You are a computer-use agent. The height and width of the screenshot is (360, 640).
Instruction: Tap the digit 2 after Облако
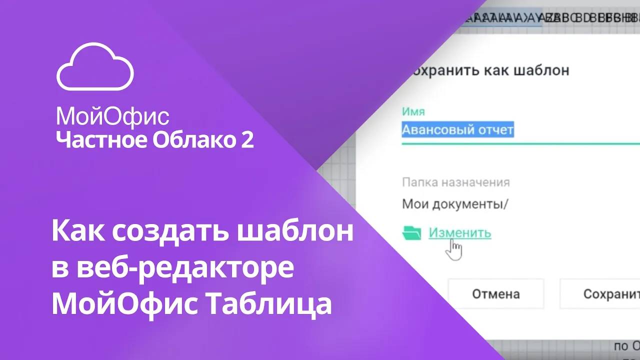pyautogui.click(x=247, y=140)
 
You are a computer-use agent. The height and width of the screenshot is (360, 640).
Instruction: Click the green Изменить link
pyautogui.click(x=459, y=232)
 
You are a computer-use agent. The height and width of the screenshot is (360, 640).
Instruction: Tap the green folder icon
pyautogui.click(x=411, y=232)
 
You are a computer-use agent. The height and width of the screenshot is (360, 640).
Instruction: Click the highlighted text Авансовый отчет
pyautogui.click(x=457, y=130)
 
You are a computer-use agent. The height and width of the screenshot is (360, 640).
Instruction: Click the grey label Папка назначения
pyautogui.click(x=455, y=182)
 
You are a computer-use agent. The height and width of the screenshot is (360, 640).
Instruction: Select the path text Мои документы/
pyautogui.click(x=454, y=204)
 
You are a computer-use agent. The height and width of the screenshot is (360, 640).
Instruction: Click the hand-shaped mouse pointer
pyautogui.click(x=454, y=249)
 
